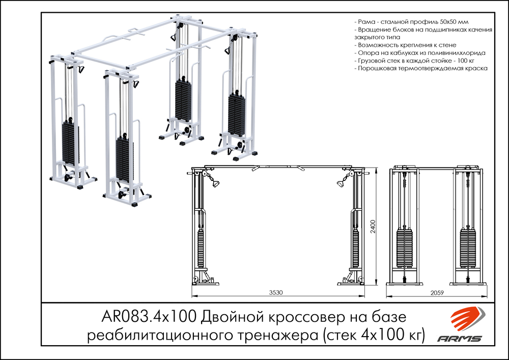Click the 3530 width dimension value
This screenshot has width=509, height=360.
point(276,293)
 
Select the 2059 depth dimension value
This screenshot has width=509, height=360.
point(437,293)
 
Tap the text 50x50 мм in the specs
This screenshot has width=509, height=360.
point(456,23)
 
